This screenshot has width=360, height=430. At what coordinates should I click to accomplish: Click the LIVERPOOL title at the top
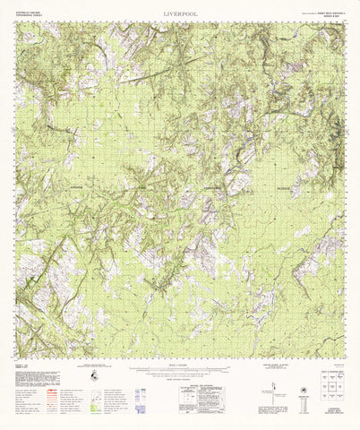pyautogui.click(x=180, y=15)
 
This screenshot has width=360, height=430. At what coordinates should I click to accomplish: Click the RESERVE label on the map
pyautogui.click(x=287, y=188)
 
